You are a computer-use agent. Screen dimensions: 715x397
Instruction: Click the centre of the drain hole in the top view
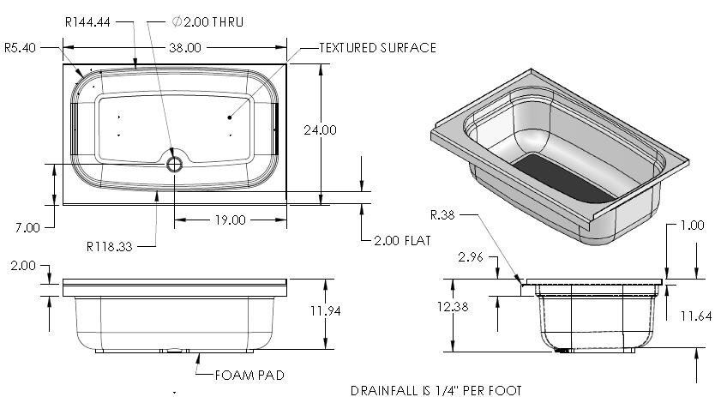click(x=174, y=164)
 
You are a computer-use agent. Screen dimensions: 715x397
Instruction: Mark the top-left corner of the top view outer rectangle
click(x=63, y=64)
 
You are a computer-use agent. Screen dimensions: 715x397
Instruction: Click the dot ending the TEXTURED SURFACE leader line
click(x=230, y=117)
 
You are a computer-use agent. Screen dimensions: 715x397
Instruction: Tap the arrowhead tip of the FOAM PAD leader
click(x=198, y=353)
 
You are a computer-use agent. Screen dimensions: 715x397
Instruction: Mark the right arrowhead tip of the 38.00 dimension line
click(x=286, y=47)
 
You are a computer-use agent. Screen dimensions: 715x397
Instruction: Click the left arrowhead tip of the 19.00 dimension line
click(x=175, y=220)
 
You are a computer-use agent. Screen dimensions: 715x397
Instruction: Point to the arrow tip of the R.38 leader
click(x=521, y=283)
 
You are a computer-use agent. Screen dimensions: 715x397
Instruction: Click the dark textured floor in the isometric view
click(x=563, y=178)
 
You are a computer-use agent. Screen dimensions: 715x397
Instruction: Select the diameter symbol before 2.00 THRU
click(x=177, y=21)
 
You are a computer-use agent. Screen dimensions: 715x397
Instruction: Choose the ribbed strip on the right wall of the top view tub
click(x=275, y=129)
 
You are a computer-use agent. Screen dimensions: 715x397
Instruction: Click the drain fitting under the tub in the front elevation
click(x=174, y=351)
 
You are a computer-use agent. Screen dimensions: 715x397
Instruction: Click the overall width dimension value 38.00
click(x=185, y=47)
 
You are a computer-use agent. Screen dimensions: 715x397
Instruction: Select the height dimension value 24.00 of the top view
click(x=320, y=130)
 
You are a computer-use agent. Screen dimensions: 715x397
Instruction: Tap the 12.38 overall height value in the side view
click(x=453, y=307)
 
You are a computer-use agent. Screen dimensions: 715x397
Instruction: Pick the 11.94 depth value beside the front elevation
click(x=326, y=310)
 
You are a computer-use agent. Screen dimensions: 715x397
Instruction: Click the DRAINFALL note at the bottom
click(x=436, y=391)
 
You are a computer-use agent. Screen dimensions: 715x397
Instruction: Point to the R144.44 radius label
click(x=87, y=22)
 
